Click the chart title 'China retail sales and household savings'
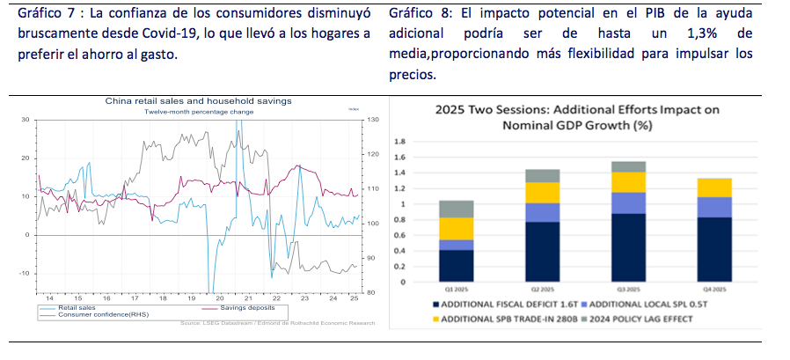point(198,101)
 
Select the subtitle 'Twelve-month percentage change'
point(199,112)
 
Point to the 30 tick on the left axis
point(26,120)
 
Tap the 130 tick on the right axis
point(372,120)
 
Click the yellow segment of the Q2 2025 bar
point(542,193)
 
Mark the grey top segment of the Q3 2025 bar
point(628,166)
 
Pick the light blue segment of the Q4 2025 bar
point(713,207)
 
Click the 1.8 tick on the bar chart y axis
point(399,141)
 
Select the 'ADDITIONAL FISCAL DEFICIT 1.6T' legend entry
point(501,303)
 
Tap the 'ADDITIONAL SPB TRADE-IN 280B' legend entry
point(501,317)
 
